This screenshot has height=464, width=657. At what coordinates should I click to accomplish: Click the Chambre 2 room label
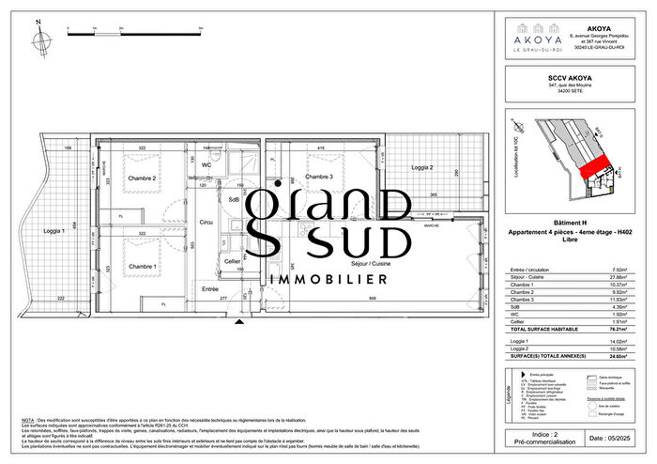(142, 178)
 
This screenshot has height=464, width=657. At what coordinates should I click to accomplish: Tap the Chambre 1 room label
(142, 267)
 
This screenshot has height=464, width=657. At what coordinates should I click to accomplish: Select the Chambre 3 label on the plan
(319, 178)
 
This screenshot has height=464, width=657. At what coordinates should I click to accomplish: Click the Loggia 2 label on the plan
(423, 167)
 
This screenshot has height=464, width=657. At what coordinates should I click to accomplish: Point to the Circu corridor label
(206, 223)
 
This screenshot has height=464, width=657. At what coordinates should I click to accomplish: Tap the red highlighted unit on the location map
(589, 169)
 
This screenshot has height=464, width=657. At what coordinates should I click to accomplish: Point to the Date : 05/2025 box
(610, 438)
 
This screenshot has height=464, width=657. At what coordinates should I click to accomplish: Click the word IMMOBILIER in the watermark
(328, 280)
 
